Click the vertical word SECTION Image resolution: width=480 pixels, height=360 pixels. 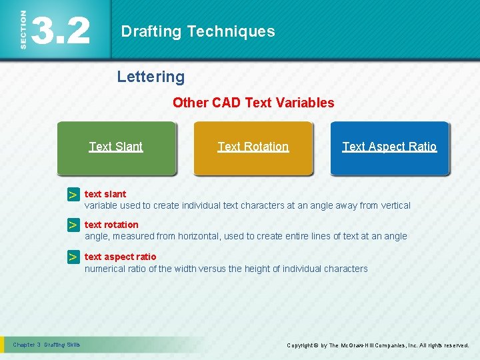click(x=24, y=29)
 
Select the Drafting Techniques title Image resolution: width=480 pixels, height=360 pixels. click(x=197, y=31)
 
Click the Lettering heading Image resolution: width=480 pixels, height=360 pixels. click(x=151, y=77)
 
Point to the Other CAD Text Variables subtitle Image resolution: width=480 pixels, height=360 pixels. click(x=253, y=103)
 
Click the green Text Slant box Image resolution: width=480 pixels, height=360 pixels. click(x=116, y=147)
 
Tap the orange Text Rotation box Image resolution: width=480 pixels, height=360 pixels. click(x=253, y=147)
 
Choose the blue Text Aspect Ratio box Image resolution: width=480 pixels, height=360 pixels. click(x=390, y=147)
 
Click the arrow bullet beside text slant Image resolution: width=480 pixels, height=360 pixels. click(x=73, y=195)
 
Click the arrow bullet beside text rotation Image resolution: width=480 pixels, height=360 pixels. click(x=73, y=226)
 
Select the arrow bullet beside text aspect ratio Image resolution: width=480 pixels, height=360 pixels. click(x=73, y=257)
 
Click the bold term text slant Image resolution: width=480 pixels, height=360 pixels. click(x=105, y=194)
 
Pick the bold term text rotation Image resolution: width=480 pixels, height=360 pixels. click(x=111, y=225)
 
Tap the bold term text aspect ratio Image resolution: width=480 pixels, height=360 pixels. click(x=120, y=257)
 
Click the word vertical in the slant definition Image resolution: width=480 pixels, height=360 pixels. click(x=394, y=205)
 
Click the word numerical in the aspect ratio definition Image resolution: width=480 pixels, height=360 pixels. click(x=105, y=269)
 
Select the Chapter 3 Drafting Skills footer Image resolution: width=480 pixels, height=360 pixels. click(x=46, y=345)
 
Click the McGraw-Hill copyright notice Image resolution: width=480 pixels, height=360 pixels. click(x=377, y=345)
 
